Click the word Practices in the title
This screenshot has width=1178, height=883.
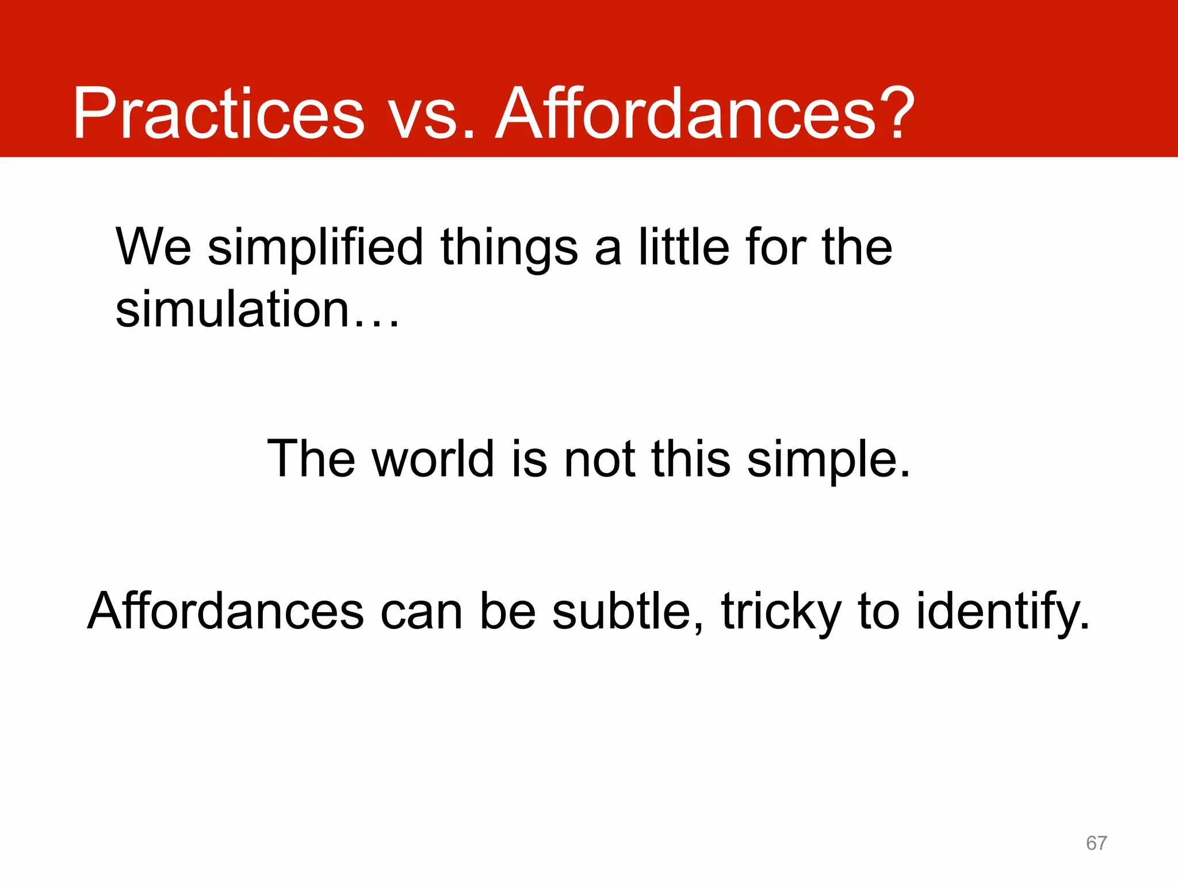tap(219, 113)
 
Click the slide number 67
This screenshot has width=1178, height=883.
tap(1096, 843)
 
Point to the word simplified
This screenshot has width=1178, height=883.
tap(315, 248)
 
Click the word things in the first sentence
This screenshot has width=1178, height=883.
tap(508, 248)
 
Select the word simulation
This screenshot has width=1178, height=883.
tap(233, 309)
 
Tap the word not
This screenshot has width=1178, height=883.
tap(599, 459)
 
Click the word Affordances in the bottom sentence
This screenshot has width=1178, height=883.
tap(225, 611)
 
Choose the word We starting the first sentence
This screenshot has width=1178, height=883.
tap(153, 247)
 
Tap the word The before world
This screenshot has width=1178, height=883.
tap(311, 458)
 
